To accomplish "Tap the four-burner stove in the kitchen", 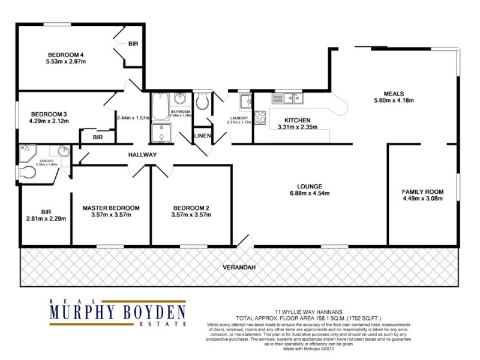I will (x=260, y=118).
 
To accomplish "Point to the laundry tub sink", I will (x=245, y=101).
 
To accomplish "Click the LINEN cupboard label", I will (x=202, y=136).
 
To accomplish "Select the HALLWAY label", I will (x=142, y=155).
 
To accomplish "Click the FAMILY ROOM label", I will (x=423, y=192).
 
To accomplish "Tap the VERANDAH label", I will (x=238, y=268).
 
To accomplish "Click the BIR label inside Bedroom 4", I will (x=133, y=44).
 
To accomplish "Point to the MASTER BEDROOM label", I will (x=111, y=208).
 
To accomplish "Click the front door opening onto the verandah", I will (x=243, y=243).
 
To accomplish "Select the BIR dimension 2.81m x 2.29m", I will (x=46, y=218).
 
